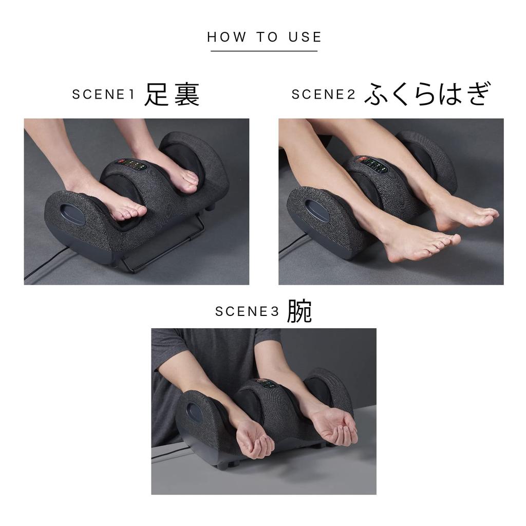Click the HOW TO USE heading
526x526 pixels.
(x=264, y=37)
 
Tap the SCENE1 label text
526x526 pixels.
(x=103, y=95)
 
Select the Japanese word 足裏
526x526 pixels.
(x=172, y=95)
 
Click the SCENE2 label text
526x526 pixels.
(x=324, y=95)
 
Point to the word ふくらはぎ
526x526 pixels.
(x=428, y=95)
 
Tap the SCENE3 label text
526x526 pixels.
(x=247, y=312)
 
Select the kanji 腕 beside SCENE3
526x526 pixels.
(x=299, y=311)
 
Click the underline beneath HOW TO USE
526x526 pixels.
(x=264, y=51)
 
